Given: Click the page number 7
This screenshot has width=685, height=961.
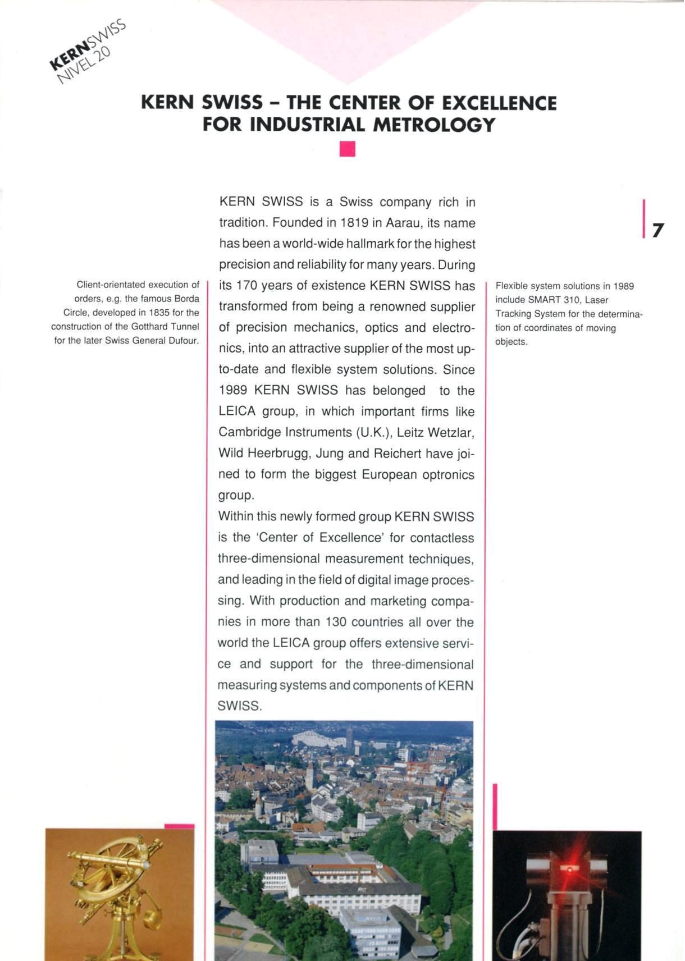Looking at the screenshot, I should coord(657,230).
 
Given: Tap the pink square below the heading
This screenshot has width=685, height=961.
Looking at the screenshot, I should coord(348,149).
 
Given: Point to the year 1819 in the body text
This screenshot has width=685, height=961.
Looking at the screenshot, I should coord(354,223).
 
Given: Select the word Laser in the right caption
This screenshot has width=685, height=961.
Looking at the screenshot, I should coord(596,300).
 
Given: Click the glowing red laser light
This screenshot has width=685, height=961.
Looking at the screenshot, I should coord(569,870).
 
